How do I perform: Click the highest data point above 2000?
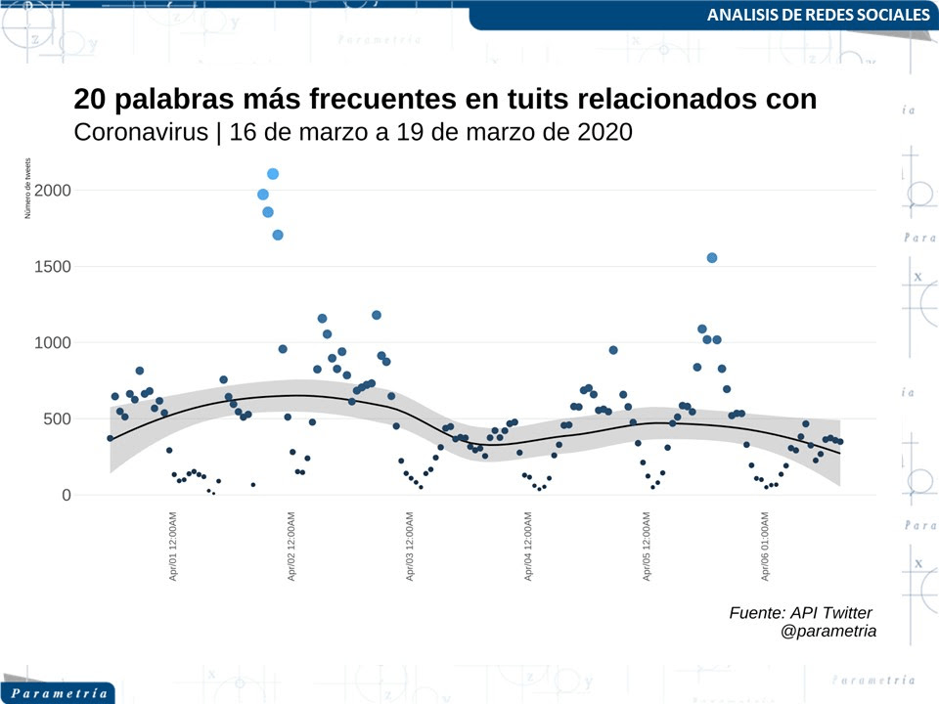pyautogui.click(x=273, y=174)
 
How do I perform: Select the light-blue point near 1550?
pyautogui.click(x=712, y=257)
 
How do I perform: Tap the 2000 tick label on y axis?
pyautogui.click(x=52, y=190)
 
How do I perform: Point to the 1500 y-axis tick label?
pyautogui.click(x=52, y=266)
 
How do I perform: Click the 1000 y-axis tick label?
pyautogui.click(x=52, y=342)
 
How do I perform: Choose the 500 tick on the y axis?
pyautogui.click(x=58, y=418)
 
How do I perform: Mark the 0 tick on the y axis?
pyautogui.click(x=67, y=495)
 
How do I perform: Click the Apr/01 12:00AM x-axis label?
pyautogui.click(x=173, y=547)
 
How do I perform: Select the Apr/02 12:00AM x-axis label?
pyautogui.click(x=291, y=547)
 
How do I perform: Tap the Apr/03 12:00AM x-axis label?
pyautogui.click(x=410, y=547)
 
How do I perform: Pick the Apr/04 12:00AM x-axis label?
pyautogui.click(x=528, y=547)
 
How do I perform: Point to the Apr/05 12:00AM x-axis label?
pyautogui.click(x=647, y=547)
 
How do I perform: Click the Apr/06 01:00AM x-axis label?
pyautogui.click(x=765, y=547)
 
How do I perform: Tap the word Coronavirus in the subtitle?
pyautogui.click(x=141, y=132)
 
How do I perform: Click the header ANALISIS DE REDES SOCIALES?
pyautogui.click(x=818, y=16)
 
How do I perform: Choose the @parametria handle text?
pyautogui.click(x=828, y=632)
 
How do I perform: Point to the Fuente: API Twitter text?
pyautogui.click(x=800, y=612)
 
